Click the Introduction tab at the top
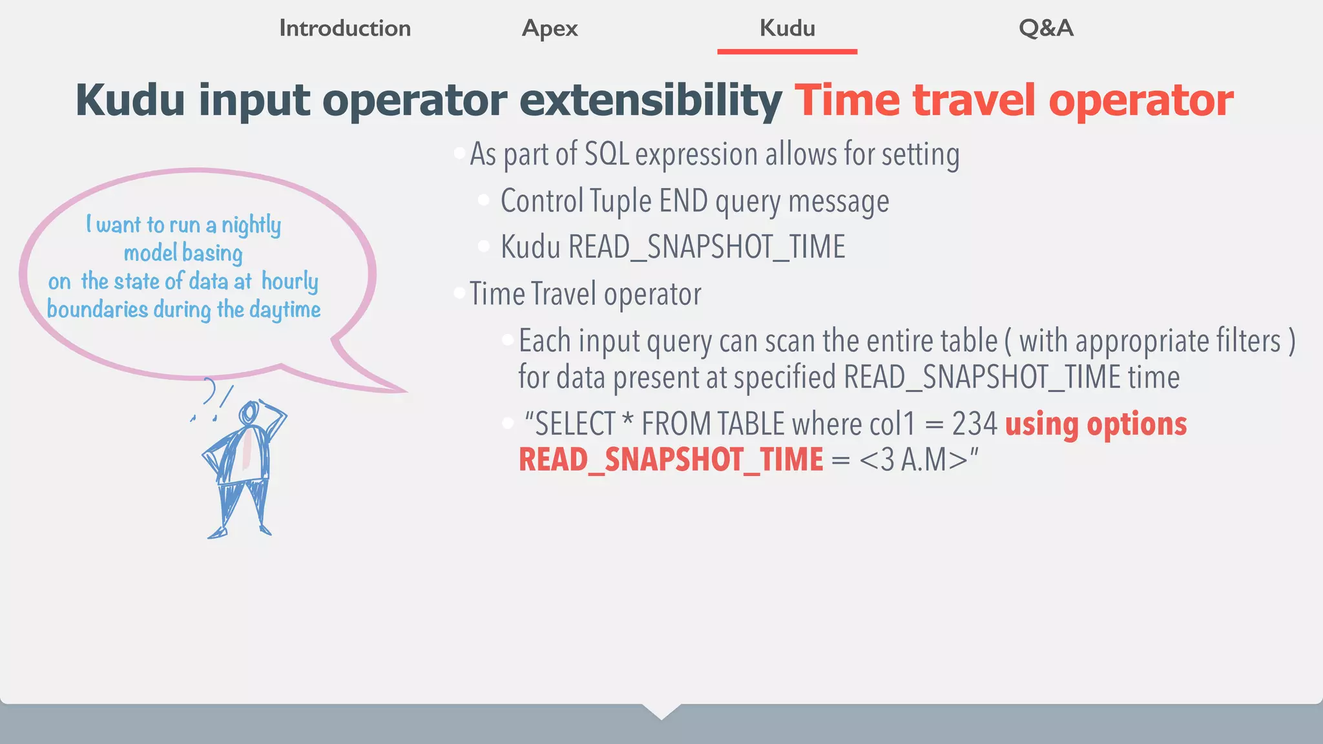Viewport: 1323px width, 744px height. click(345, 28)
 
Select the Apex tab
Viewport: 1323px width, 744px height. click(550, 28)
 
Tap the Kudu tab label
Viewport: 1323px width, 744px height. click(787, 28)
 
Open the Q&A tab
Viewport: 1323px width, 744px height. click(1046, 28)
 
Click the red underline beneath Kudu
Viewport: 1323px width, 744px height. click(787, 51)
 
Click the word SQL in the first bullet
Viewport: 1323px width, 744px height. click(607, 154)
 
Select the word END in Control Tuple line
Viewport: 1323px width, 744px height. click(683, 201)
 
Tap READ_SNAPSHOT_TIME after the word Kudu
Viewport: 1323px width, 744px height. click(706, 247)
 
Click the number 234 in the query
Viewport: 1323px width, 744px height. click(975, 424)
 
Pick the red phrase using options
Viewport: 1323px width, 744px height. click(1096, 424)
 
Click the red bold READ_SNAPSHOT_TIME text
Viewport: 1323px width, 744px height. click(671, 460)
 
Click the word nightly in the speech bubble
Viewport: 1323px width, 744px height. click(251, 225)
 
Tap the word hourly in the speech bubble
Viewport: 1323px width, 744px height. click(290, 282)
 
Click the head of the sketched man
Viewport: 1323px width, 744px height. click(249, 413)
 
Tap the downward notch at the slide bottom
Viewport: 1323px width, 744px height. click(661, 712)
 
